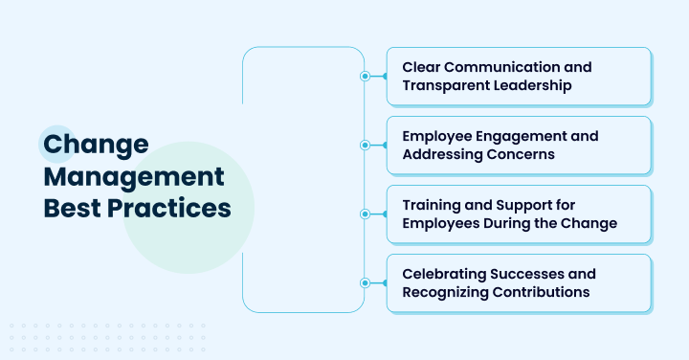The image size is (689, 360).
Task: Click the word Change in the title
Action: pyautogui.click(x=96, y=146)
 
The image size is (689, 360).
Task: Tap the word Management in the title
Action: pyautogui.click(x=135, y=177)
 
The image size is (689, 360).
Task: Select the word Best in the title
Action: pyautogui.click(x=71, y=209)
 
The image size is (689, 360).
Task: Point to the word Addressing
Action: pyautogui.click(x=444, y=154)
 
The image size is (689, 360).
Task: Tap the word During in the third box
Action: pyautogui.click(x=509, y=223)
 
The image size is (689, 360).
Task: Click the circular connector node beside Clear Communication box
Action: pyautogui.click(x=364, y=77)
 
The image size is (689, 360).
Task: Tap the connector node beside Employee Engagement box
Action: pyautogui.click(x=364, y=146)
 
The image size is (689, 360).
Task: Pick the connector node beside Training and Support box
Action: pyautogui.click(x=364, y=214)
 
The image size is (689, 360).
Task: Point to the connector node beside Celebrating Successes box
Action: pyautogui.click(x=364, y=283)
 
